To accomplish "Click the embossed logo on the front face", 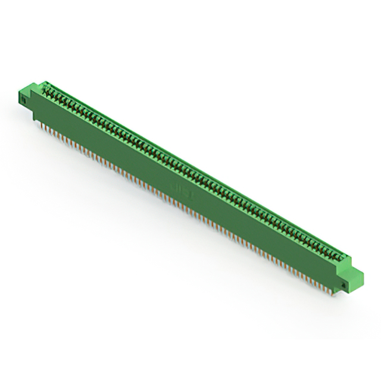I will (x=181, y=189).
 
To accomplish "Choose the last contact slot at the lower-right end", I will (x=342, y=257).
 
